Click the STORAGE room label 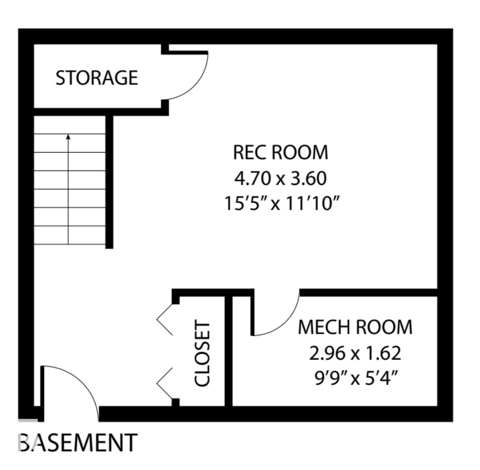97,78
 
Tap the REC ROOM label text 281,153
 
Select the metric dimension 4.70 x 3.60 281,179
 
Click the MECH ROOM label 355,327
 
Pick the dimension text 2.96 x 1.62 355,353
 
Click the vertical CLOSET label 202,353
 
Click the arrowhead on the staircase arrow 68,137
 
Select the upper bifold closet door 165,319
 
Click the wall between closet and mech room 228,351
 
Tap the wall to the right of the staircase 109,182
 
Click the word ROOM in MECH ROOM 384,327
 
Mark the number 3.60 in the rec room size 309,179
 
